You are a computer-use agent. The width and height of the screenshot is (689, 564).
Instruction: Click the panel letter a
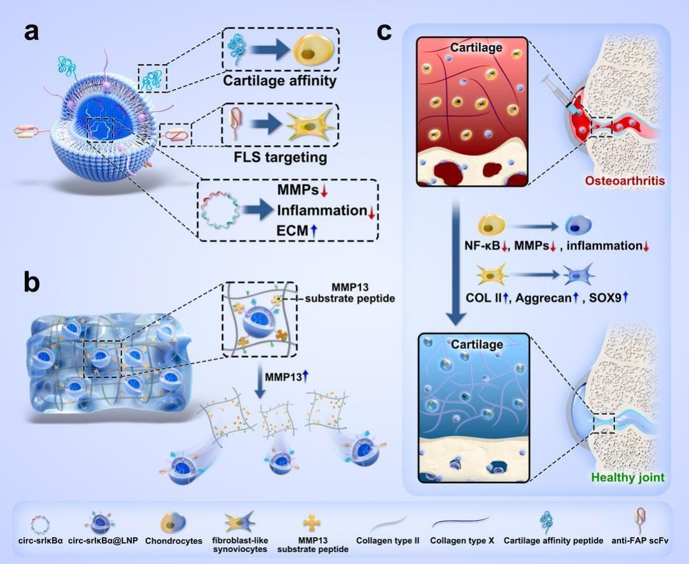pyautogui.click(x=31, y=31)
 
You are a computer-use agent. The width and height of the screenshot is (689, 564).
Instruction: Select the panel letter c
pyautogui.click(x=384, y=31)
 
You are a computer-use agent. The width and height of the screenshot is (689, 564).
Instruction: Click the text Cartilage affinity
pyautogui.click(x=280, y=81)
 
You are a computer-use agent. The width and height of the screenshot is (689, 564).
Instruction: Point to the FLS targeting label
pyautogui.click(x=281, y=157)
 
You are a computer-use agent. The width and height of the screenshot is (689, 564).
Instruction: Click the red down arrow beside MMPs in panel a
pyautogui.click(x=324, y=191)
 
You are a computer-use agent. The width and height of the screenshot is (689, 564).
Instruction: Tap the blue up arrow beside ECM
pyautogui.click(x=312, y=231)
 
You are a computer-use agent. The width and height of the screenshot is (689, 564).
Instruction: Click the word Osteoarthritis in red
pyautogui.click(x=625, y=181)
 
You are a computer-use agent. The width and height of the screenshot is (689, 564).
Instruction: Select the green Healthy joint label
pyautogui.click(x=628, y=477)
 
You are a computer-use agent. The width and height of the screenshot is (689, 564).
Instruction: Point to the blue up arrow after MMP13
pyautogui.click(x=306, y=377)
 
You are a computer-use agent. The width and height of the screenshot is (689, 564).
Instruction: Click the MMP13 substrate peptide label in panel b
pyautogui.click(x=350, y=293)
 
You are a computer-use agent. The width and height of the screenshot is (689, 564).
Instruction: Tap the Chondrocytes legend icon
pyautogui.click(x=173, y=523)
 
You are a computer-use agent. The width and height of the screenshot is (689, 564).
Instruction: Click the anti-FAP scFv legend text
pyautogui.click(x=640, y=540)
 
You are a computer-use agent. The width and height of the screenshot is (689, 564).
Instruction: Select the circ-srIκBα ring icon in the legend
pyautogui.click(x=41, y=524)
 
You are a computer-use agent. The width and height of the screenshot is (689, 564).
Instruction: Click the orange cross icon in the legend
pyautogui.click(x=312, y=523)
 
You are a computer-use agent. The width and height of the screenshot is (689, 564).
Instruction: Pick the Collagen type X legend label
pyautogui.click(x=462, y=540)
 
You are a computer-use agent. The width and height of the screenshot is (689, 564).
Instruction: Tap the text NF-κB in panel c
pyautogui.click(x=482, y=246)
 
